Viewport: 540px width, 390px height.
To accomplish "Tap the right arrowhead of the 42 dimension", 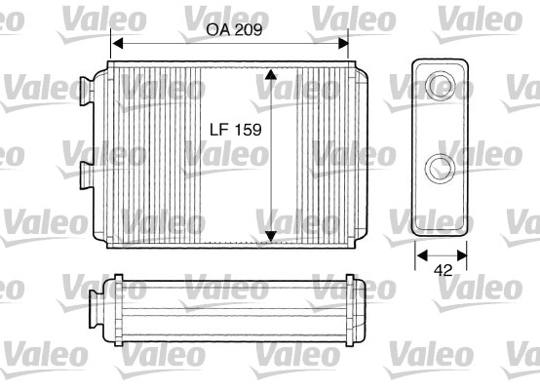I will click(x=466, y=256).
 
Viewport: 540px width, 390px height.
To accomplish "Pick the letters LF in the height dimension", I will click(x=221, y=129).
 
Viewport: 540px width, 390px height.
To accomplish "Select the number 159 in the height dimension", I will click(x=250, y=129).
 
